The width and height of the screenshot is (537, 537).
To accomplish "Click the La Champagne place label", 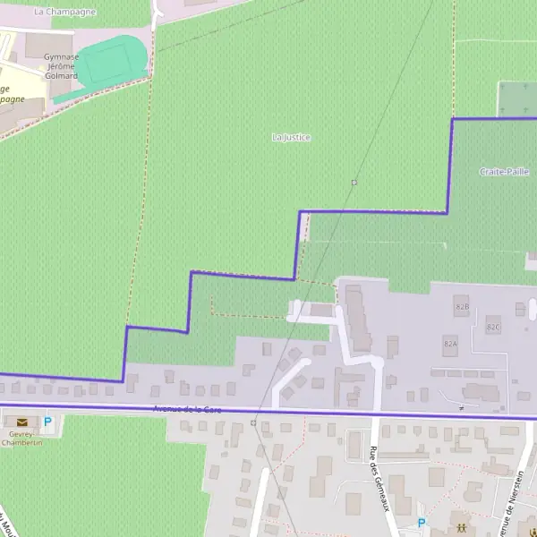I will [64, 12].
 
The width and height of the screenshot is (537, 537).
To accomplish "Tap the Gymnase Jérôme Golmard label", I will [62, 66].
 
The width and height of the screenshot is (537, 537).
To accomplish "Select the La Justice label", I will [291, 137].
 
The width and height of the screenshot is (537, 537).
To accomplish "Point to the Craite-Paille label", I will [504, 171].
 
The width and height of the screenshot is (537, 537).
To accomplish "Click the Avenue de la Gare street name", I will [187, 409].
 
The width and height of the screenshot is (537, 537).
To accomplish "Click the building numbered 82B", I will [462, 305].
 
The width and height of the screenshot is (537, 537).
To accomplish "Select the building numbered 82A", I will [450, 343].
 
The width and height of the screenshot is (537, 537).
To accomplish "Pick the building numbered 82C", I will [493, 327].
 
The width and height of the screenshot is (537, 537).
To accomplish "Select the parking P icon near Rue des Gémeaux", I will [422, 523].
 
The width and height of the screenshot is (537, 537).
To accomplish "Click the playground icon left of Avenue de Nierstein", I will [460, 528].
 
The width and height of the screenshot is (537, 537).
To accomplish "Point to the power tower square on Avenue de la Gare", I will [253, 422].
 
